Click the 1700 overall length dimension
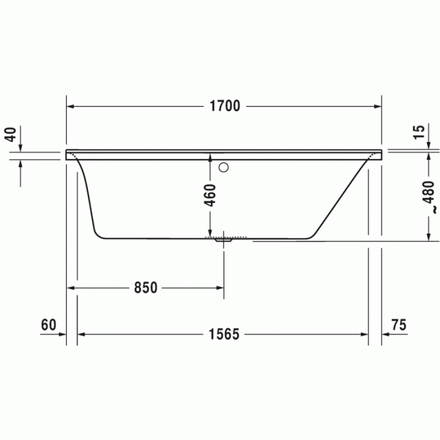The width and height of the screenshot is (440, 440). (224, 106)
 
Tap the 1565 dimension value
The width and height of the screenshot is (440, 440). (224, 334)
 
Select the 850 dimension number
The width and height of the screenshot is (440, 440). (145, 288)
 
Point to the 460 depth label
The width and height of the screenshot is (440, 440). (210, 195)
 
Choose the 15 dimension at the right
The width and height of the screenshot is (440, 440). (418, 132)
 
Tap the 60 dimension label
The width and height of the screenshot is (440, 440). (48, 325)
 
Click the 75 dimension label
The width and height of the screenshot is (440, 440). (399, 325)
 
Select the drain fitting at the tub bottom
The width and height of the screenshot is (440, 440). (223, 239)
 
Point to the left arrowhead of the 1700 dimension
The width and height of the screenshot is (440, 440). (70, 106)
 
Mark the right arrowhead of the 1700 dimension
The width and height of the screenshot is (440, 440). (378, 106)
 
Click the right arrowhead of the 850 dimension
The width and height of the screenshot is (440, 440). (220, 288)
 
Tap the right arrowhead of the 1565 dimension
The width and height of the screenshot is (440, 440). (365, 334)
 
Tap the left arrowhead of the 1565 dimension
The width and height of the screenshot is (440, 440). (81, 334)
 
